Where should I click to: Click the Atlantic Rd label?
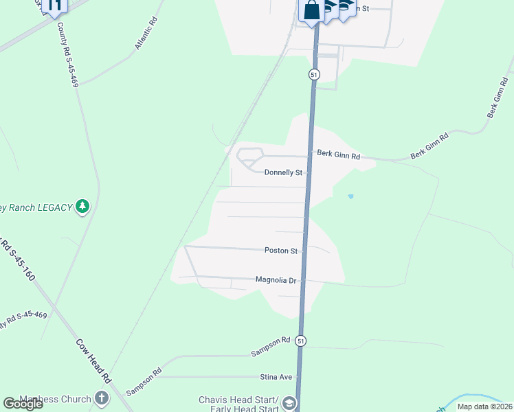[x=147, y=39]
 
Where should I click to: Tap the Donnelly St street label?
[x=283, y=172]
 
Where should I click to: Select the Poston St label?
[x=280, y=251]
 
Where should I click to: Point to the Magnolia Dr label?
[x=275, y=280]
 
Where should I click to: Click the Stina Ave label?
[x=276, y=377]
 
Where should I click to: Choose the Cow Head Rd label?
[x=93, y=360]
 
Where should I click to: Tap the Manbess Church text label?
[x=55, y=399]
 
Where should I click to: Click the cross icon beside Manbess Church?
[x=102, y=398]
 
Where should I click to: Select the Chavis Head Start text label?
[x=238, y=400]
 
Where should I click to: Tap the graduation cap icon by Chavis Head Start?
[x=289, y=403]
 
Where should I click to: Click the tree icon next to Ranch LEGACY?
[x=82, y=206]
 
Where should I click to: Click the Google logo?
[x=23, y=404]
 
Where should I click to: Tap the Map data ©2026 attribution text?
[x=484, y=407]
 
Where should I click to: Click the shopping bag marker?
[x=312, y=10]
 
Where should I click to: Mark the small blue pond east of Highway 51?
[x=350, y=196]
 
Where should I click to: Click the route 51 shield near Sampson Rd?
[x=300, y=341]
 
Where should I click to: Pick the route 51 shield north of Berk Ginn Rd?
[x=314, y=74]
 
